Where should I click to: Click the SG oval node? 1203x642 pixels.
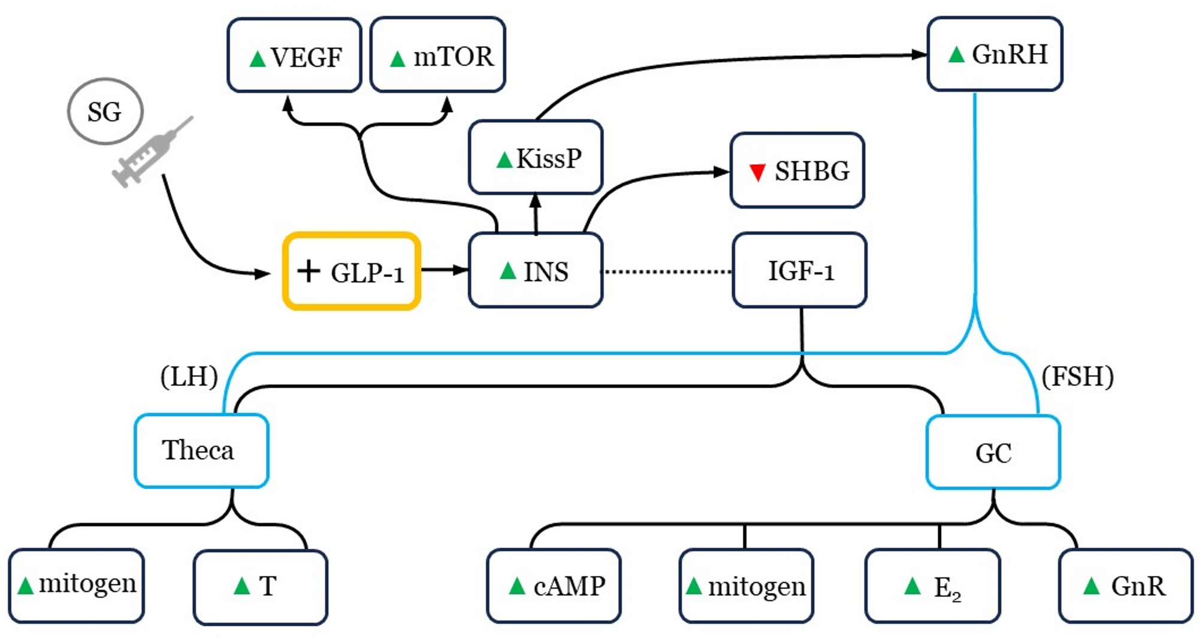click(x=105, y=111)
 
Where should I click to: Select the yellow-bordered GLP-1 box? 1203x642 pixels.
click(x=352, y=272)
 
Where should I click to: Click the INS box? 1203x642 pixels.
click(x=536, y=271)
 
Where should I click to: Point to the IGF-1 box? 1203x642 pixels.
click(x=799, y=270)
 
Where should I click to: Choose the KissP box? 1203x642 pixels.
click(x=536, y=158)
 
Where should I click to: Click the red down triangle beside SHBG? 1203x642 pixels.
click(x=757, y=172)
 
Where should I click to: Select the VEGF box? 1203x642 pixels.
click(x=294, y=55)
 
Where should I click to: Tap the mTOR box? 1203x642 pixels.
click(x=438, y=55)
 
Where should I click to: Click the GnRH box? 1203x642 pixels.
click(x=995, y=54)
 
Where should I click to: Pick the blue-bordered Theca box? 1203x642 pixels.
click(x=201, y=451)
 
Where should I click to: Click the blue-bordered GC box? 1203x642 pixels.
click(x=993, y=453)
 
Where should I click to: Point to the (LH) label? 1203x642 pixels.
click(x=189, y=376)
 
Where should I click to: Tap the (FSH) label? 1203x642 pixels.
click(x=1077, y=376)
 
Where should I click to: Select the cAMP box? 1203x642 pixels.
click(x=554, y=586)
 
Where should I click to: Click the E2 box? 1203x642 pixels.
click(x=933, y=586)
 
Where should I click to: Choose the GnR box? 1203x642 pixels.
click(x=1126, y=586)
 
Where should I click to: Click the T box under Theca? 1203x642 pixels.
click(x=261, y=587)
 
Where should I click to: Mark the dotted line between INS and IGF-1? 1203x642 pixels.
click(x=667, y=272)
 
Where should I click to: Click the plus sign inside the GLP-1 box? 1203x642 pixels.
click(x=309, y=271)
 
